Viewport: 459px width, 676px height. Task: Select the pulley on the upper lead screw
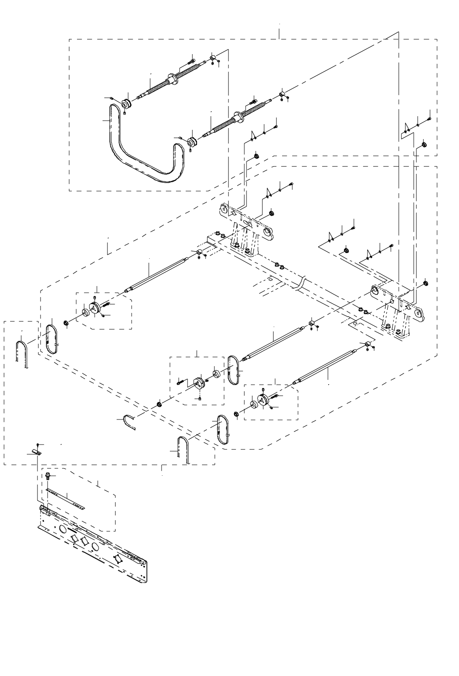click(x=126, y=105)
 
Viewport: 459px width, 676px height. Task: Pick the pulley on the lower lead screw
click(x=192, y=142)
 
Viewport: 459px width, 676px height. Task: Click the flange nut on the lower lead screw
click(x=240, y=117)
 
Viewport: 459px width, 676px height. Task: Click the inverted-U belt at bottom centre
click(x=184, y=449)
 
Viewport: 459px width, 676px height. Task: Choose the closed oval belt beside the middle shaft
click(x=233, y=370)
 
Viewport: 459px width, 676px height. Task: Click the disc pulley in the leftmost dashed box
click(x=93, y=308)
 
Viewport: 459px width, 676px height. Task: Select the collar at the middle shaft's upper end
click(x=312, y=325)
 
